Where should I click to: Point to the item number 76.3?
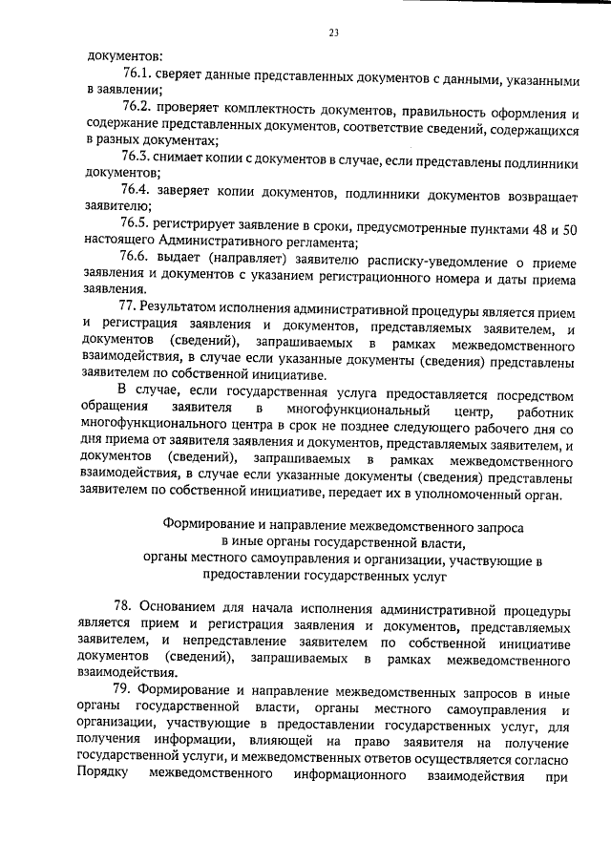click(x=138, y=157)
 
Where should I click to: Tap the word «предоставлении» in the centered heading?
click(x=250, y=576)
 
